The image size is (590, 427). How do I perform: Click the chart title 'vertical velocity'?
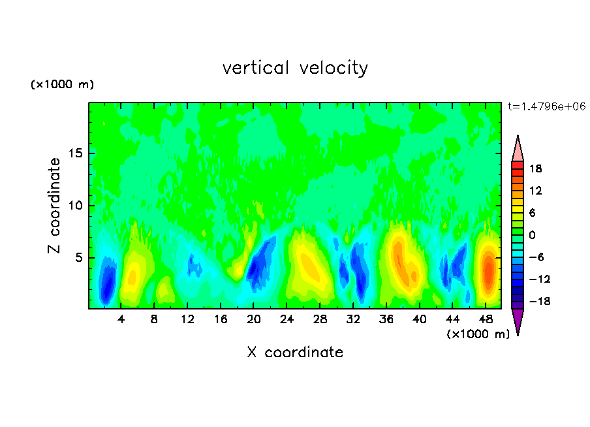click(295, 68)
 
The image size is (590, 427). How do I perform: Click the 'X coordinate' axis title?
click(295, 353)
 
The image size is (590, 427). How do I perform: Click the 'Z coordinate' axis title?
click(55, 206)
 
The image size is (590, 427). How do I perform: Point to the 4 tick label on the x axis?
click(121, 320)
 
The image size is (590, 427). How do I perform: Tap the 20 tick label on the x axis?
click(254, 320)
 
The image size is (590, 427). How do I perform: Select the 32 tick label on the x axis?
click(353, 320)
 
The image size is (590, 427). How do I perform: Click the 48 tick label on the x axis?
click(486, 320)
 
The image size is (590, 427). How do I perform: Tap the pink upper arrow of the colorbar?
click(518, 149)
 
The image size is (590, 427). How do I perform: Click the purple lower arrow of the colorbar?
click(518, 321)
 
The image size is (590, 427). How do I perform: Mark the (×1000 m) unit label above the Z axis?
click(62, 85)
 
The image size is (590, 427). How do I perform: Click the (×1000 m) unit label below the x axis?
click(478, 334)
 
